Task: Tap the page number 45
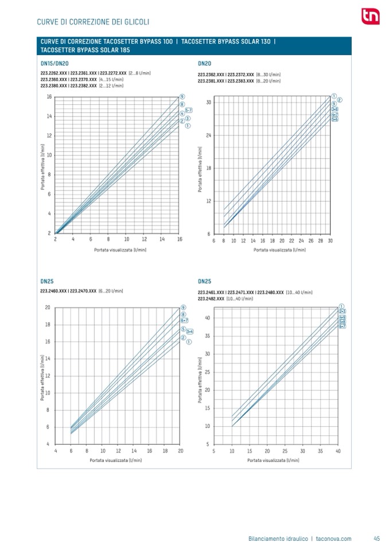[x=376, y=538]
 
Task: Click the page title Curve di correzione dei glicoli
[x=93, y=22]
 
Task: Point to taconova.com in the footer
[x=334, y=538]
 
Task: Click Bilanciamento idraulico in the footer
[x=278, y=538]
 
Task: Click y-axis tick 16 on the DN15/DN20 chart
[x=49, y=97]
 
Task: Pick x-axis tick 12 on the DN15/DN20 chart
[x=144, y=239]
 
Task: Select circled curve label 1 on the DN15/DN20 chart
[x=188, y=125]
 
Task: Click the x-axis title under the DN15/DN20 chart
[x=118, y=251]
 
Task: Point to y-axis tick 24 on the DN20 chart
[x=209, y=135]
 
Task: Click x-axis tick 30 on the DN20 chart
[x=330, y=241]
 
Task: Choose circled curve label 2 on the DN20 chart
[x=340, y=100]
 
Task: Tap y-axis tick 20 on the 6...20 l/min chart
[x=48, y=308]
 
